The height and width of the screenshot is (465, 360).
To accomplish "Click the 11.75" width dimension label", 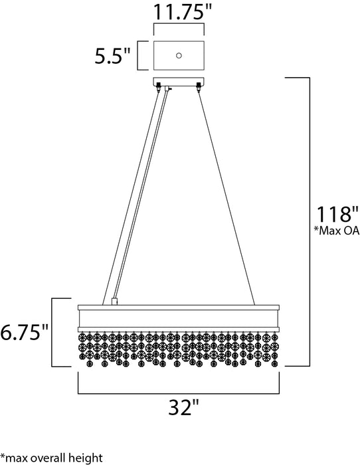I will pyautogui.click(x=179, y=13).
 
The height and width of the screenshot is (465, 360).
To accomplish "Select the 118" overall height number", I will pyautogui.click(x=337, y=215).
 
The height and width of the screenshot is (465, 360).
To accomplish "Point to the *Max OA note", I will pyautogui.click(x=337, y=232).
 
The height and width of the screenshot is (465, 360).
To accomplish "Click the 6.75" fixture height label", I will pyautogui.click(x=25, y=332).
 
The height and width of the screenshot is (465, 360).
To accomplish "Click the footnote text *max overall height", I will pyautogui.click(x=52, y=457).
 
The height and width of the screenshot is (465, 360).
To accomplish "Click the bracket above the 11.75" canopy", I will pyautogui.click(x=179, y=26).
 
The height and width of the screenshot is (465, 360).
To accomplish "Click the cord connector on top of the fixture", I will pyautogui.click(x=114, y=300).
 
